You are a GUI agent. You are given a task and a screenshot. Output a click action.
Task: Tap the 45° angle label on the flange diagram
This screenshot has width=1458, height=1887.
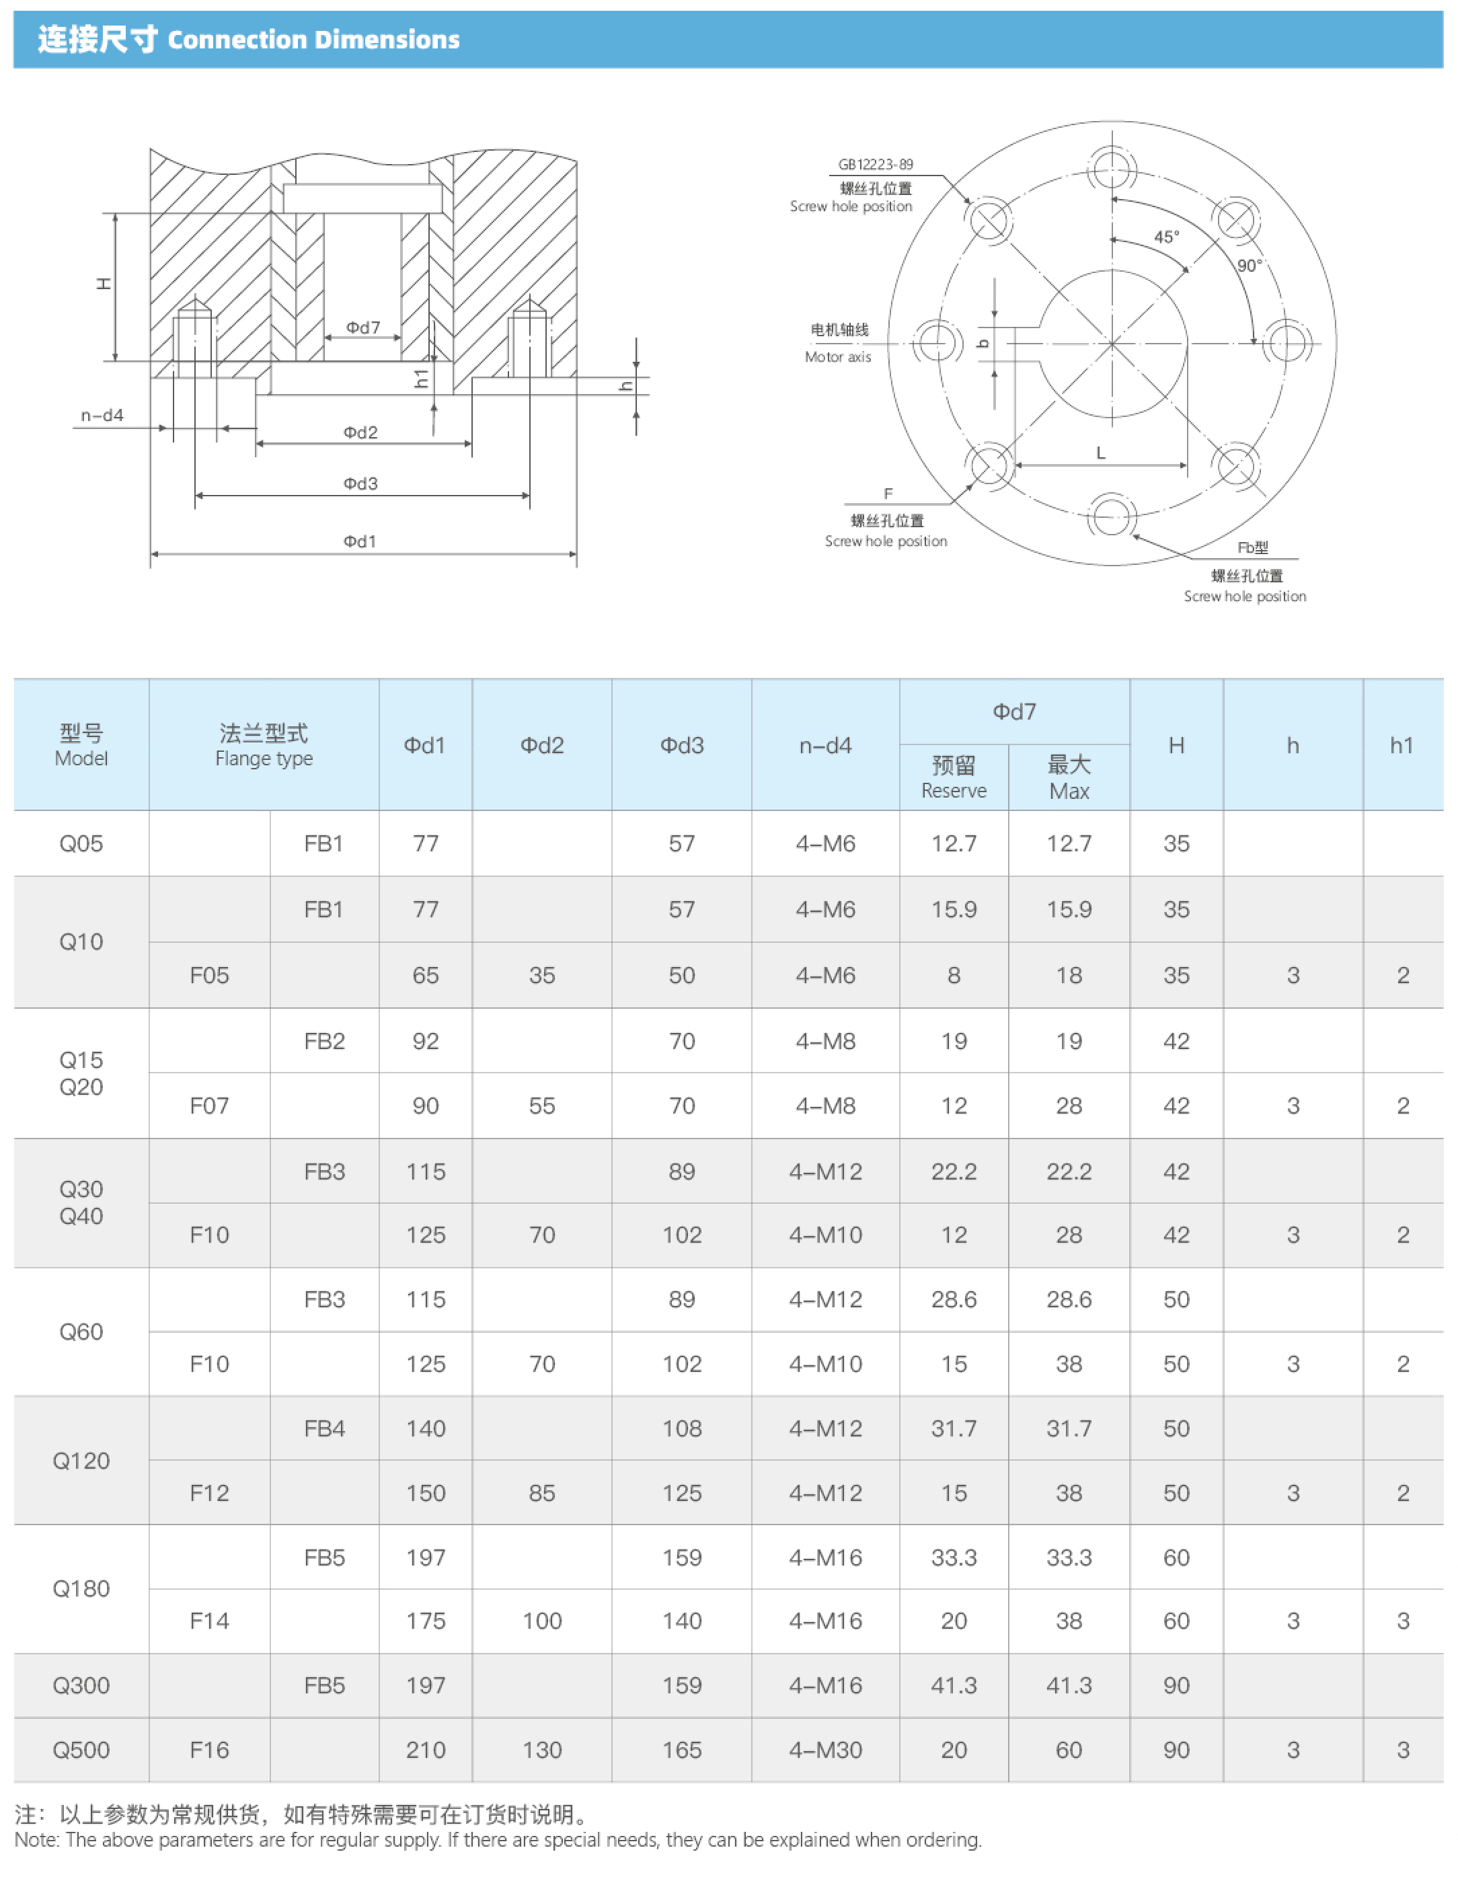point(1166,237)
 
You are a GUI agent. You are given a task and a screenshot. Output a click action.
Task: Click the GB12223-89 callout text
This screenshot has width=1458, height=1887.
point(876,164)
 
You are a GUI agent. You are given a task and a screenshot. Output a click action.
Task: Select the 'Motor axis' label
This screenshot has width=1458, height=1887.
point(837,357)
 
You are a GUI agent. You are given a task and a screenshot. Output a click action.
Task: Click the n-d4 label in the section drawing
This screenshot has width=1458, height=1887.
point(102,416)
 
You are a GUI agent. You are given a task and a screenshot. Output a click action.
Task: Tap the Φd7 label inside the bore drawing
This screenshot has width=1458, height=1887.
point(363,328)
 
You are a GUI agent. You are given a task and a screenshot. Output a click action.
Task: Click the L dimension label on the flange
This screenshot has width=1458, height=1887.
point(1100,453)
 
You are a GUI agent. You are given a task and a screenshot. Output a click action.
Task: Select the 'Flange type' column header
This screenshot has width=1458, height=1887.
point(264,759)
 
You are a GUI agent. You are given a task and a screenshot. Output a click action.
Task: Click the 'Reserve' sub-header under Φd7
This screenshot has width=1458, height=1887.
point(953,791)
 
